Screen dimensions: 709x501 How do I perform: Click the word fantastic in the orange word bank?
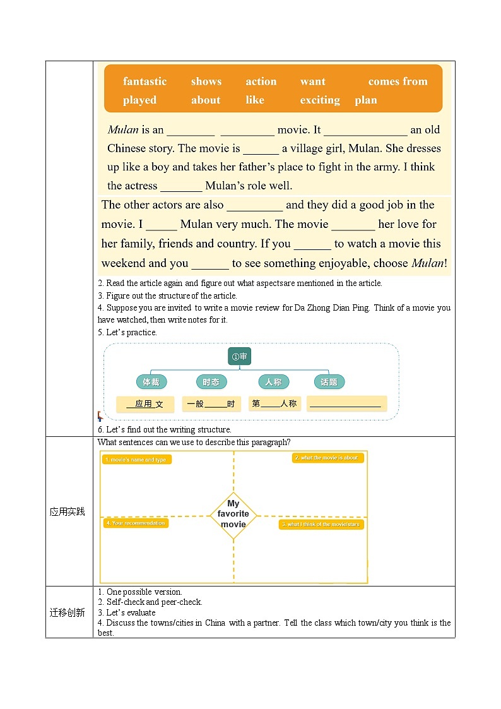pyautogui.click(x=144, y=81)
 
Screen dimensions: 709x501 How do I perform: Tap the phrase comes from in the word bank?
pyautogui.click(x=398, y=81)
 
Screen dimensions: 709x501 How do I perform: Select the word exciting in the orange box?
pyautogui.click(x=320, y=100)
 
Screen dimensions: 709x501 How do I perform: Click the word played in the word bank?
pyautogui.click(x=139, y=100)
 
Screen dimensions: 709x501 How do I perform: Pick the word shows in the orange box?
pyautogui.click(x=206, y=81)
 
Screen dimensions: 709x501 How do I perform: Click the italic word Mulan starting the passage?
pyautogui.click(x=123, y=130)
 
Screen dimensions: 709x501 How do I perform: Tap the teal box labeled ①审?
pyautogui.click(x=240, y=357)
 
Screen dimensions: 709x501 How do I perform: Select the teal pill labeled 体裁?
pyautogui.click(x=151, y=382)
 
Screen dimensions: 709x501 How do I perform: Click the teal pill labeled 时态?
pyautogui.click(x=211, y=382)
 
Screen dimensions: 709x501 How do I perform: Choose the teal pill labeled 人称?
pyautogui.click(x=273, y=382)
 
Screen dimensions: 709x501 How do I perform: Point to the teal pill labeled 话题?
pyautogui.click(x=329, y=382)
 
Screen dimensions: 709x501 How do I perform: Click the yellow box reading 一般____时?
pyautogui.click(x=211, y=404)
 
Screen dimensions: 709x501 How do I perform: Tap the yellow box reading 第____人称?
pyautogui.click(x=274, y=403)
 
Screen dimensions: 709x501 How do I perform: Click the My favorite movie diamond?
pyautogui.click(x=233, y=515)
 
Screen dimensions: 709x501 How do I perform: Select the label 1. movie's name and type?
pyautogui.click(x=136, y=460)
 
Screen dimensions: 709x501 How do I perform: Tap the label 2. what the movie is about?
pyautogui.click(x=328, y=458)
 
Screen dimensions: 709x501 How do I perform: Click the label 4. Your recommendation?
pyautogui.click(x=136, y=523)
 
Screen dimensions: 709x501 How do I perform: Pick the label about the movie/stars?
pyautogui.click(x=322, y=524)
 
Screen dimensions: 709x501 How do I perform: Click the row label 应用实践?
pyautogui.click(x=68, y=511)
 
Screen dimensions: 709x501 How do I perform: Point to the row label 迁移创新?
pyautogui.click(x=68, y=612)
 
